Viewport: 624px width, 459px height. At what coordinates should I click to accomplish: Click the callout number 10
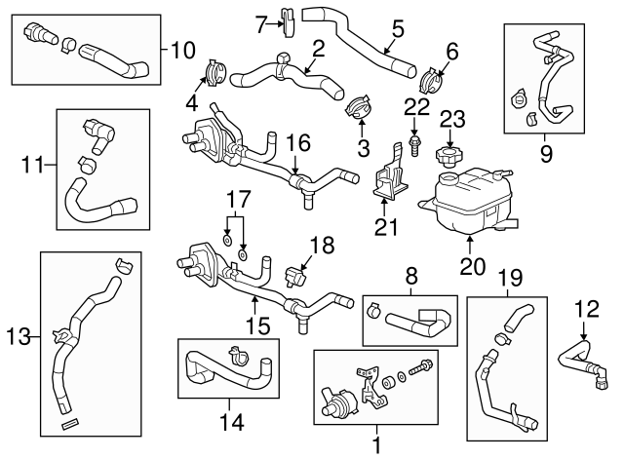[182, 48]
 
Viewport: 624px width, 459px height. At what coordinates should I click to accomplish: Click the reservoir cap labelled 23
[451, 155]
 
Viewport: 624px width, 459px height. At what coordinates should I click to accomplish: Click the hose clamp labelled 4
[215, 74]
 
